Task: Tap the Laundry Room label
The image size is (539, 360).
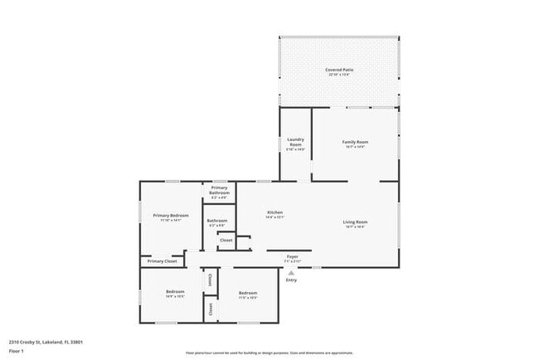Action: pyautogui.click(x=295, y=142)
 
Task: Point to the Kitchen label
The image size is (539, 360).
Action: pyautogui.click(x=275, y=213)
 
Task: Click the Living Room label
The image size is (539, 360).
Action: pyautogui.click(x=355, y=221)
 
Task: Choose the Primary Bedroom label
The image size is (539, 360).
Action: pyautogui.click(x=171, y=216)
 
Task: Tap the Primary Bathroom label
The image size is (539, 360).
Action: pyautogui.click(x=220, y=190)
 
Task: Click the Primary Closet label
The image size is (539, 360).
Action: pyautogui.click(x=163, y=261)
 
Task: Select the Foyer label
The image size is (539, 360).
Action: pyautogui.click(x=292, y=256)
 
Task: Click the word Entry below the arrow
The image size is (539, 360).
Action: pyautogui.click(x=291, y=280)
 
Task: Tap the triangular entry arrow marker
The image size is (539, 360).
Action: pyautogui.click(x=291, y=271)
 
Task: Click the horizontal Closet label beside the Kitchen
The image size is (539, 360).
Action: pyautogui.click(x=226, y=240)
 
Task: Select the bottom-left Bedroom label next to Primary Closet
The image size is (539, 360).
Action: pyautogui.click(x=174, y=292)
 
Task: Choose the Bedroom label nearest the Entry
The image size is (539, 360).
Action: pyautogui.click(x=249, y=293)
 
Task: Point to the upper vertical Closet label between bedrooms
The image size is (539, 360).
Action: pyautogui.click(x=210, y=279)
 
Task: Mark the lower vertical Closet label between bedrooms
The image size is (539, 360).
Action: pyautogui.click(x=210, y=309)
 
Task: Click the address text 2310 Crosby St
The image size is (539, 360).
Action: pyautogui.click(x=46, y=341)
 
